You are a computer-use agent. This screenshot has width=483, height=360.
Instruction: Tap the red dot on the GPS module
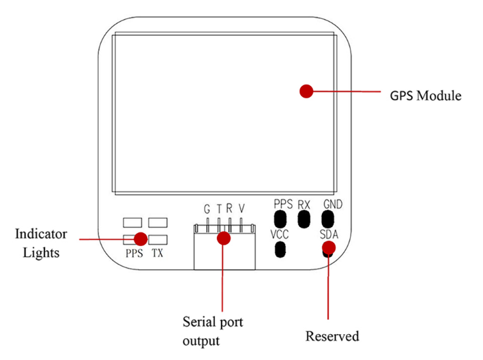[x=306, y=91]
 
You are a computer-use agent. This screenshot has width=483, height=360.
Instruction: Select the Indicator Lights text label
[x=42, y=243]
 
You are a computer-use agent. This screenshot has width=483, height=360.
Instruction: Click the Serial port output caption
[x=213, y=328]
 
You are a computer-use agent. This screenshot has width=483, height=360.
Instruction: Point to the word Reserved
[x=332, y=336]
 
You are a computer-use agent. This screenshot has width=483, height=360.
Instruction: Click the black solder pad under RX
[x=304, y=218]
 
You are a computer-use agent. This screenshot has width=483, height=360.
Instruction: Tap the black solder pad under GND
[x=329, y=219]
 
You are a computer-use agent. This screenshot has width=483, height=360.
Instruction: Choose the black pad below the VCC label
[x=280, y=250]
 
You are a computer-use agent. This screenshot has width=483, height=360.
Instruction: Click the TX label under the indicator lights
[x=157, y=253]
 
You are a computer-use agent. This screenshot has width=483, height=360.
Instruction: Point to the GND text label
[x=334, y=204]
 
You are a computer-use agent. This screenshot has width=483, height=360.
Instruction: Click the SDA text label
[x=329, y=235]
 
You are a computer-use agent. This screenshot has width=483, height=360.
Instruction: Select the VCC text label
[x=280, y=235]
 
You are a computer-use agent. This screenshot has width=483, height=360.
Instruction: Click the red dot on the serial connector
[x=222, y=239]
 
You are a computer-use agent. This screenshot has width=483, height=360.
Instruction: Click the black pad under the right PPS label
[x=280, y=218]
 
